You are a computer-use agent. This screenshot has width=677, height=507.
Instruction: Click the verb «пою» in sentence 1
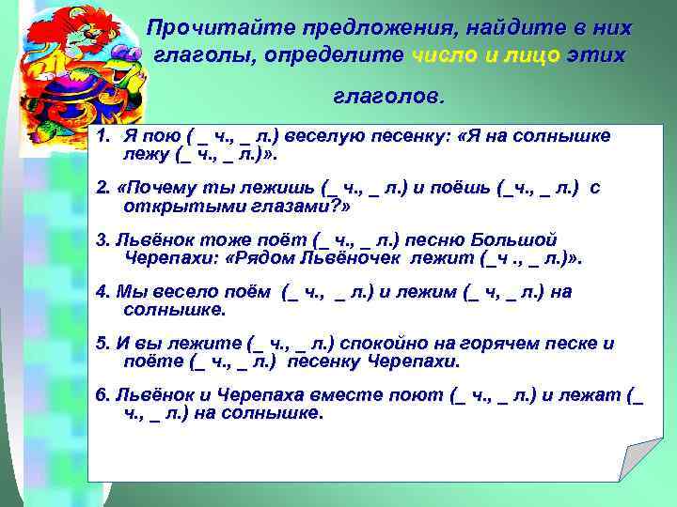click(x=154, y=136)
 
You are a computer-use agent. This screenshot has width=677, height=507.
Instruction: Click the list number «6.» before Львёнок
click(x=102, y=395)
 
